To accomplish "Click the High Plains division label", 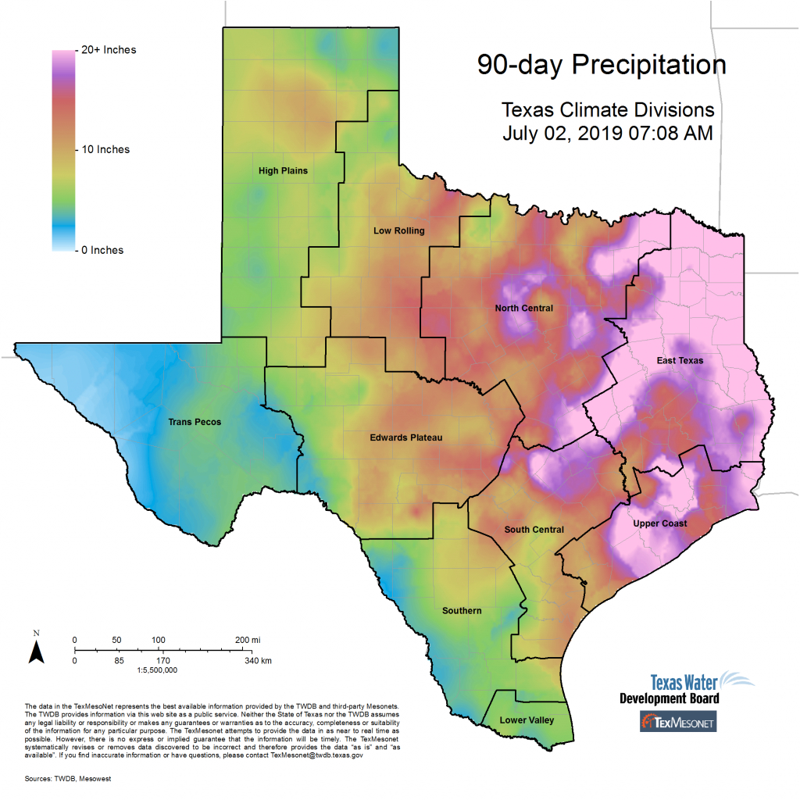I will (x=283, y=170).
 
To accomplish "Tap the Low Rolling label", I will (x=398, y=230).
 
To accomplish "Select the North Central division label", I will (x=523, y=308).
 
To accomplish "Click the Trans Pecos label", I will (x=195, y=422).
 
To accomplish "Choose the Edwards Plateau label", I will (x=405, y=437).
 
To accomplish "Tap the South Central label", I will (x=534, y=530).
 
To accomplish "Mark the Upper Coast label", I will (x=660, y=523).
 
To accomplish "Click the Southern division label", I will (x=462, y=610).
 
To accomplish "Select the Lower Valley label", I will (x=527, y=720).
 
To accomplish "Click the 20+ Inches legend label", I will (x=109, y=50).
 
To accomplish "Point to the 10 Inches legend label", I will (x=105, y=149).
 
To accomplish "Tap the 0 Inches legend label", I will (x=102, y=250).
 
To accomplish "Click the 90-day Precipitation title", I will (x=602, y=65).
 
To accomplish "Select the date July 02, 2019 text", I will (x=562, y=133).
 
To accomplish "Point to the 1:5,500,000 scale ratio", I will (x=157, y=670).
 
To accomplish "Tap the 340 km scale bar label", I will (x=257, y=661).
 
